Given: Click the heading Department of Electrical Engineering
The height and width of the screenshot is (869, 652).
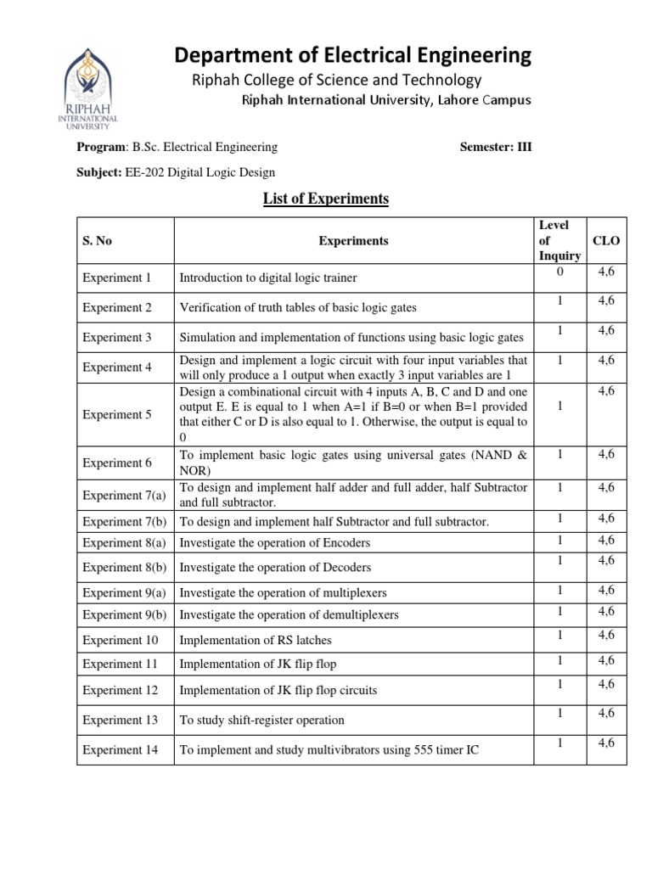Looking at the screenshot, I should (352, 56).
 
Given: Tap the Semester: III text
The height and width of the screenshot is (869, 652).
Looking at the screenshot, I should (495, 147).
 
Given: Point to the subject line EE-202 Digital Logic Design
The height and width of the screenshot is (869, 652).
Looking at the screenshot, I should (177, 172).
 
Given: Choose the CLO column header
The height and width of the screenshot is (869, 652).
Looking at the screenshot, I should (606, 240).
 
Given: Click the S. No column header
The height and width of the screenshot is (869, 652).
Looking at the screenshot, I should (97, 241).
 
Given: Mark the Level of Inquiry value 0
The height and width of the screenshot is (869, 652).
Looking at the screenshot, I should (559, 272).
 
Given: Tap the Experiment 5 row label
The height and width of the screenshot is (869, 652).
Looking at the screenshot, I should (116, 415).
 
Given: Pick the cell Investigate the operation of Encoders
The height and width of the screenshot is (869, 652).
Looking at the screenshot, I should (275, 542).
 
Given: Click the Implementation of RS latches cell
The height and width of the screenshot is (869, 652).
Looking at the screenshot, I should (256, 640).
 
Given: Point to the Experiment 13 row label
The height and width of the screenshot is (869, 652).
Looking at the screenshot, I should (120, 720).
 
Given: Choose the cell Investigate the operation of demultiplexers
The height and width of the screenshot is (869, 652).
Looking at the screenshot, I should (289, 614).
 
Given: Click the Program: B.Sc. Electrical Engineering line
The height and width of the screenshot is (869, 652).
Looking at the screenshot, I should (177, 147).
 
